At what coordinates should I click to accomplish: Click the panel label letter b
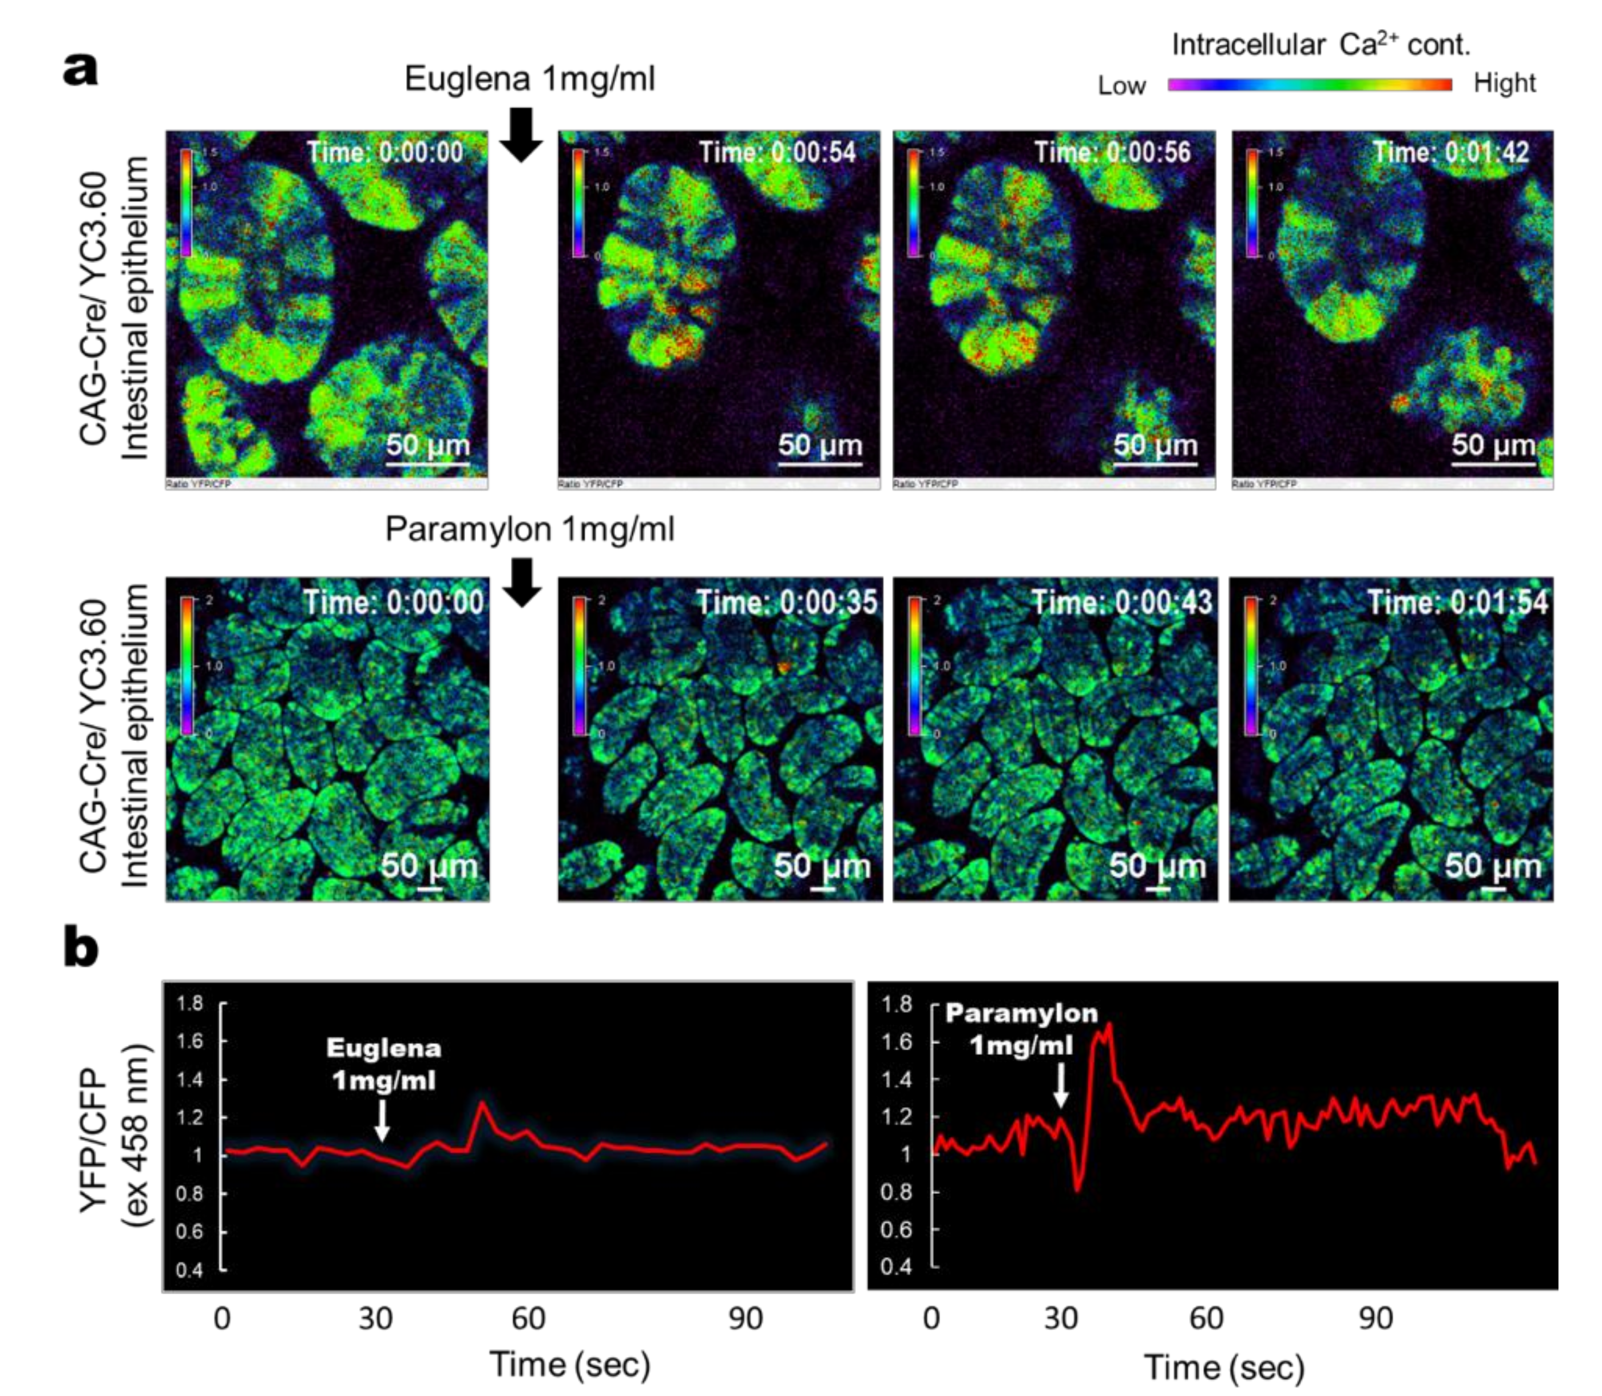pos(81,950)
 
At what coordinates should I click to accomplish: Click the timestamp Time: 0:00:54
pos(777,152)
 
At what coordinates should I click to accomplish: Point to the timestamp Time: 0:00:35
pos(786,602)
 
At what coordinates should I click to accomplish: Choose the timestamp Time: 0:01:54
pos(1457,602)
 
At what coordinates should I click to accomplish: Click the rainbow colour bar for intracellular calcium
pos(1309,84)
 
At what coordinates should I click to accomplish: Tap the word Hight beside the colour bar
pos(1504,84)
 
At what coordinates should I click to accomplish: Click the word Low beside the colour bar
pos(1121,86)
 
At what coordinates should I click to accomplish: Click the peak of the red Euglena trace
pos(482,1103)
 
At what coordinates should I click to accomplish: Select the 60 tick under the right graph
pos(1206,1318)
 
